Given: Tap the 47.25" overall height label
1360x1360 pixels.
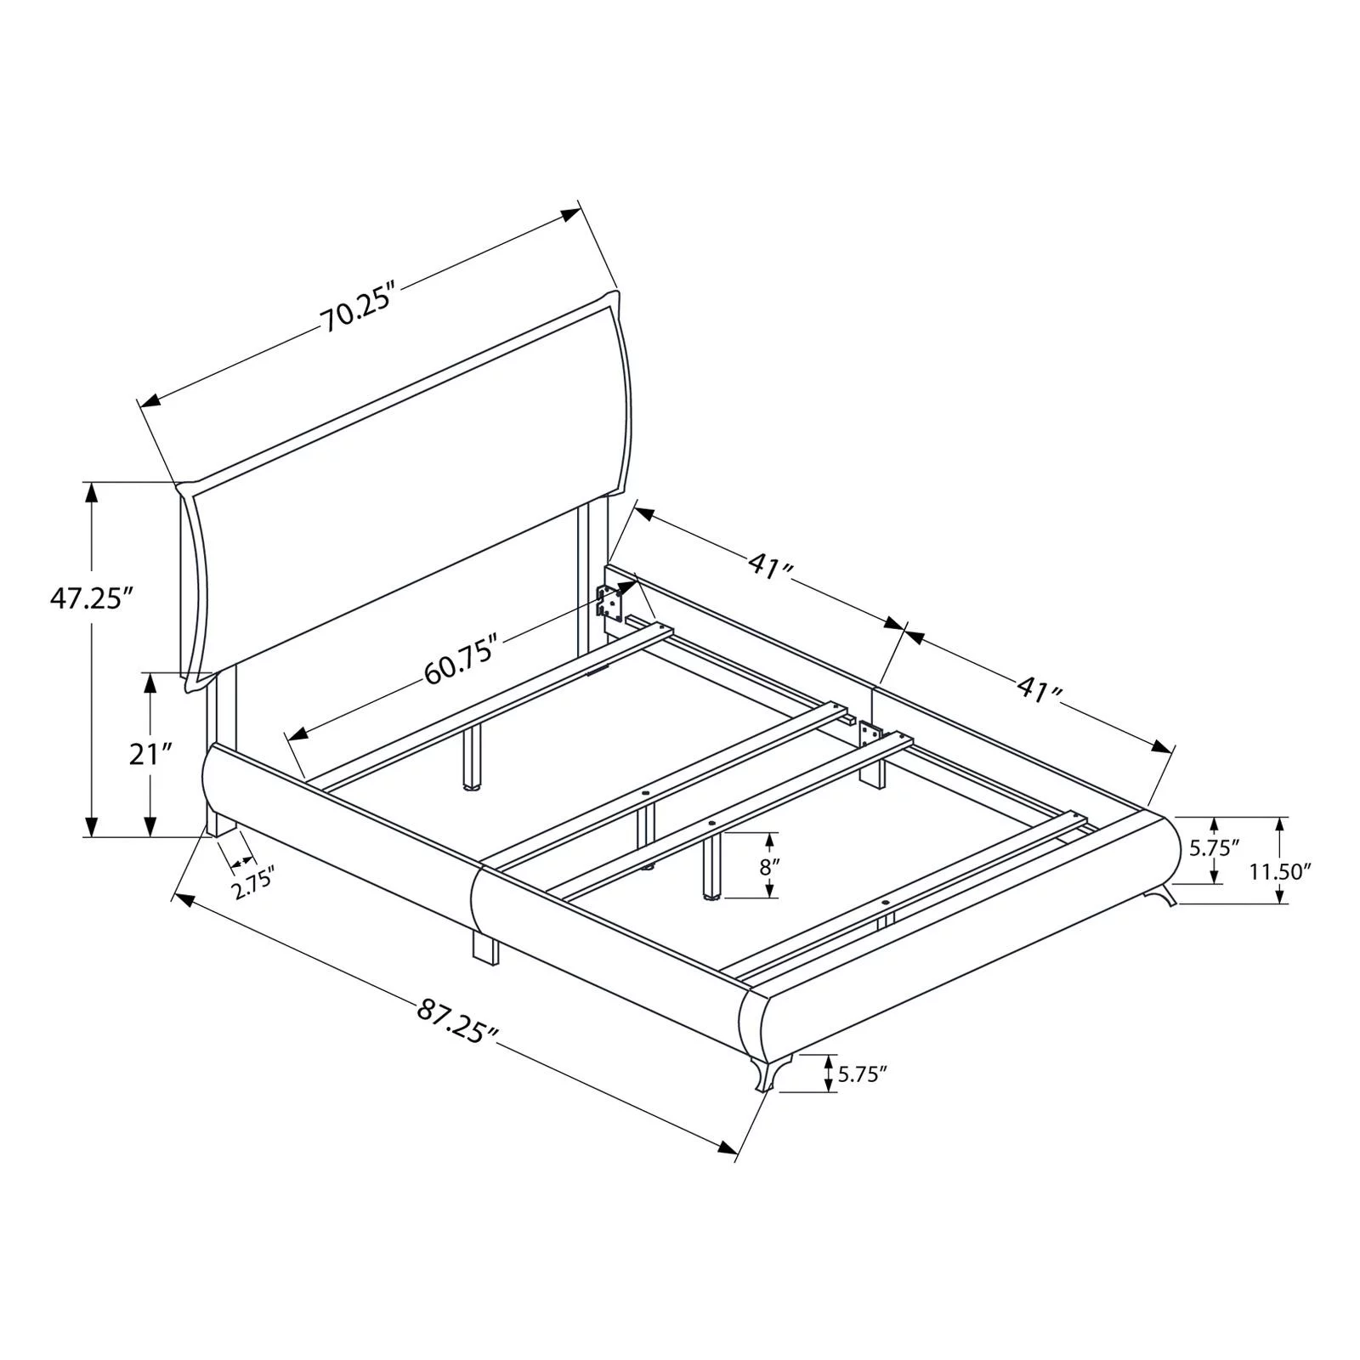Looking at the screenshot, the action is pyautogui.click(x=92, y=598).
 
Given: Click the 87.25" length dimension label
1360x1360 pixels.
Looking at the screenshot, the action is pyautogui.click(x=456, y=1022).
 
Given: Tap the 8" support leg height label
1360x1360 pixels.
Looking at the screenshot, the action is pyautogui.click(x=769, y=868).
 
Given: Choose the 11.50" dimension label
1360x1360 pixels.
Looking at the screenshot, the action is pyautogui.click(x=1280, y=871).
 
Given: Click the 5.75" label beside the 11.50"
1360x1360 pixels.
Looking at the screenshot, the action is pyautogui.click(x=1214, y=847).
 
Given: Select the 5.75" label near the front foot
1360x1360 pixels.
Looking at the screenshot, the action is pyautogui.click(x=862, y=1074).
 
